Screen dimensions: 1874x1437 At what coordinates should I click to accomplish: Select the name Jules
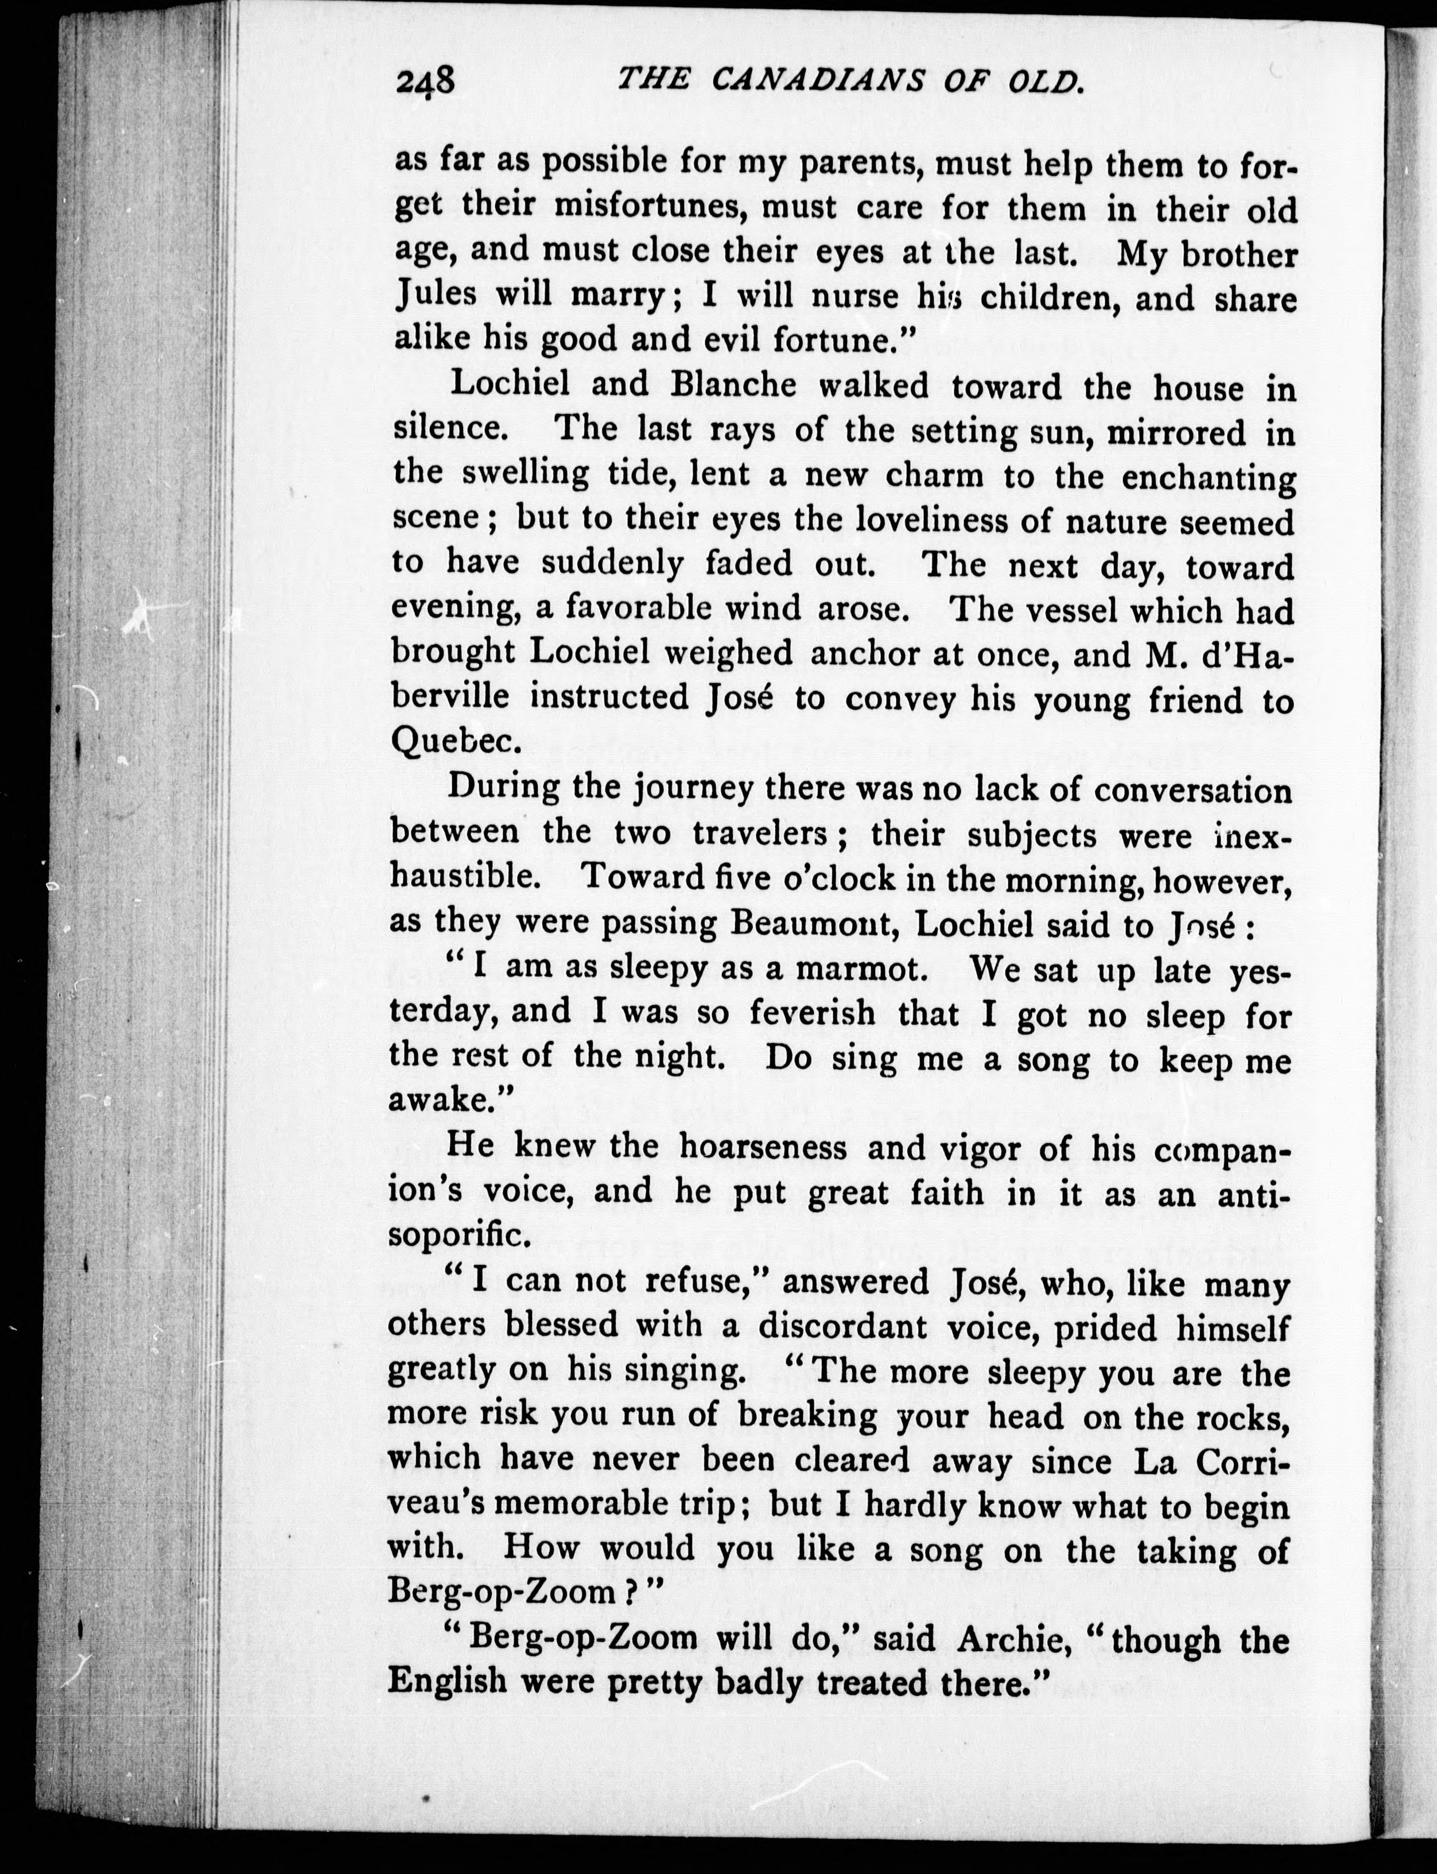[x=436, y=296]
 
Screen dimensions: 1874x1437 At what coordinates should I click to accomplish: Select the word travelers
[x=759, y=832]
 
